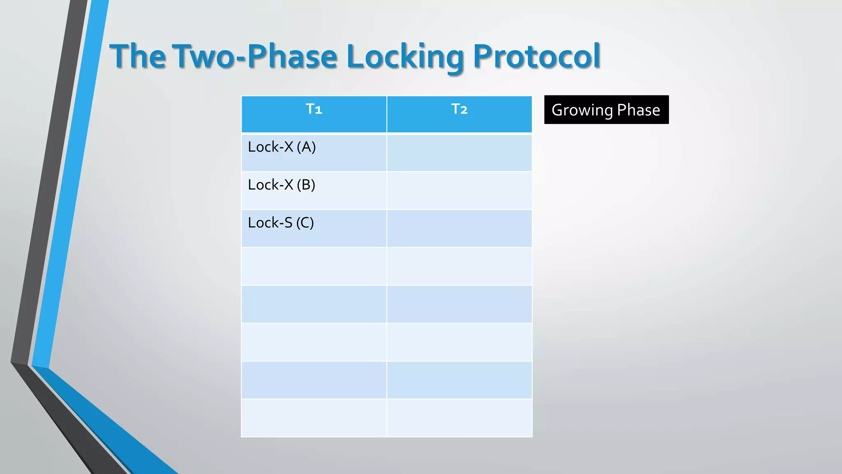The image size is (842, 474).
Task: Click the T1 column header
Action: (314, 110)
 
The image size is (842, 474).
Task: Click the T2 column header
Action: (459, 110)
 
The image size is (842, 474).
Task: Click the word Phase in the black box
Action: (638, 110)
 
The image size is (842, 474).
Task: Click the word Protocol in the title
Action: (537, 56)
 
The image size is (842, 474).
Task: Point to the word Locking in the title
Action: (405, 57)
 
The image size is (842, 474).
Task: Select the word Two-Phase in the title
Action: (255, 56)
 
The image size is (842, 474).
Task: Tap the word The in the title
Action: (138, 56)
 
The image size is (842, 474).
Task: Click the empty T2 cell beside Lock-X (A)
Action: (459, 153)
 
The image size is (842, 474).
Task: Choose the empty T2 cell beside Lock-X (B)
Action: (459, 191)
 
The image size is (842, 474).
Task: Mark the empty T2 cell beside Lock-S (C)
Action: (459, 228)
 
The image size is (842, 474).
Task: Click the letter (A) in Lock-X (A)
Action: (306, 147)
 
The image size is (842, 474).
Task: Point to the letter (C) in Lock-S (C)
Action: (305, 223)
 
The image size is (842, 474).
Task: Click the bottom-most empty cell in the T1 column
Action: (314, 418)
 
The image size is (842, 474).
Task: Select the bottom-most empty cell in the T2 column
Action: (459, 418)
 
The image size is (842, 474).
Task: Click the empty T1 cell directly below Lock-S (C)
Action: (314, 266)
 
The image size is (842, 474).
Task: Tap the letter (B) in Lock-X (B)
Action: (306, 185)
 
